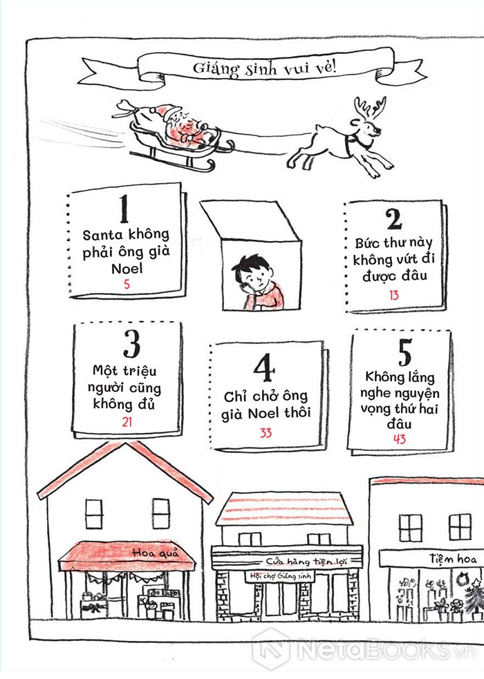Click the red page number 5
pyautogui.click(x=127, y=285)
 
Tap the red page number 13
pyautogui.click(x=393, y=296)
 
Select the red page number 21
pyautogui.click(x=127, y=422)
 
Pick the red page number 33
pyautogui.click(x=266, y=433)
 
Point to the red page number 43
pyautogui.click(x=399, y=439)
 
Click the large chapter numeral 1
pyautogui.click(x=124, y=209)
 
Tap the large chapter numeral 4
pyautogui.click(x=264, y=367)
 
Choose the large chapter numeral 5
pyautogui.click(x=404, y=352)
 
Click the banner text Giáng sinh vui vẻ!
pyautogui.click(x=265, y=68)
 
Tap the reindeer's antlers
pyautogui.click(x=369, y=108)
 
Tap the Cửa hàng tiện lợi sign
pyautogui.click(x=306, y=561)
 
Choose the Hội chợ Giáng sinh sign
pyautogui.click(x=280, y=576)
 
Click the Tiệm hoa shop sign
pyautogui.click(x=453, y=559)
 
